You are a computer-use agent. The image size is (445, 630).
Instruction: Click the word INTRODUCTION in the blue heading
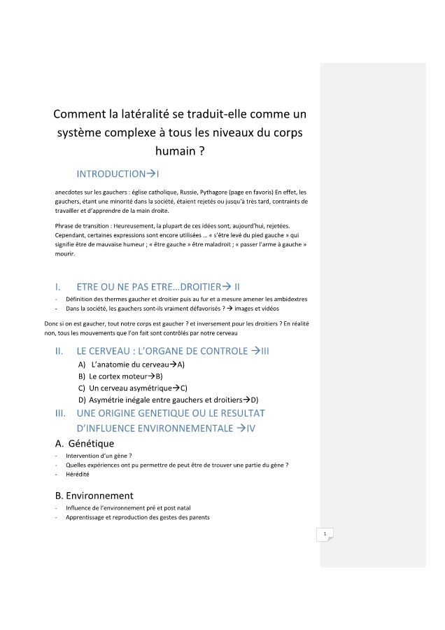coord(111,173)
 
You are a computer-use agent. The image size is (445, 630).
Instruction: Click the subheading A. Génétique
coord(84,443)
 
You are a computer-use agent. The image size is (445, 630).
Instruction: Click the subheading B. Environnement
coord(94,495)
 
